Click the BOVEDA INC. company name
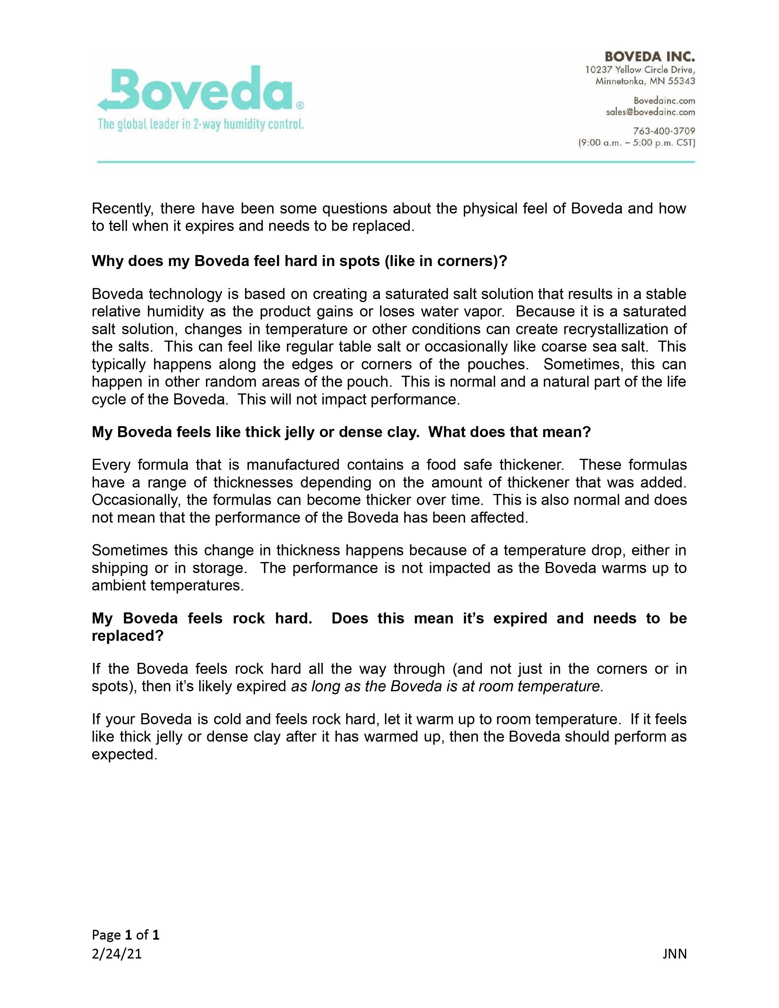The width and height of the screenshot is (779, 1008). coord(649,57)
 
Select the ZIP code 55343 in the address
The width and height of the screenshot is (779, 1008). coord(681,81)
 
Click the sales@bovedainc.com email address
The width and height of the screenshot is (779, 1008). coord(650,112)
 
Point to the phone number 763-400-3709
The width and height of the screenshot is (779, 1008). coord(664,131)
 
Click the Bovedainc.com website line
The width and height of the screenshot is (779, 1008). coord(664,100)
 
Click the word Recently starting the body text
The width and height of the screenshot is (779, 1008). coord(122,209)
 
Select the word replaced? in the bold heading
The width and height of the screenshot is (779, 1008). coord(128,636)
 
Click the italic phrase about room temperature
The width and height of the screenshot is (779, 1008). coord(447,686)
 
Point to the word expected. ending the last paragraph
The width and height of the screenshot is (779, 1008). coord(125,754)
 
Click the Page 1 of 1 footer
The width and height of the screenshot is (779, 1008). coord(126,935)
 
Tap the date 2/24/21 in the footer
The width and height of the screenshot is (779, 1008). coord(117,954)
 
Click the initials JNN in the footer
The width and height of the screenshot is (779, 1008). coord(674,954)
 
